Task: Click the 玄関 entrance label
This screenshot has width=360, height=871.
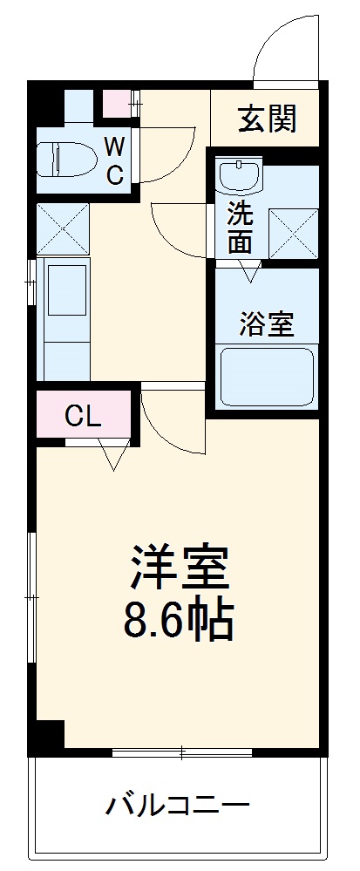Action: [x=268, y=119]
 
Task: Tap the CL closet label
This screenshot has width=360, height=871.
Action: [x=84, y=416]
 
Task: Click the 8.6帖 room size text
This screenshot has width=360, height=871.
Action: [x=180, y=622]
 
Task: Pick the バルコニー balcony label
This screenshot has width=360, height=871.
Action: [x=179, y=804]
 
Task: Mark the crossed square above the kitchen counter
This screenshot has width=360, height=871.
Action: [x=62, y=228]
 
